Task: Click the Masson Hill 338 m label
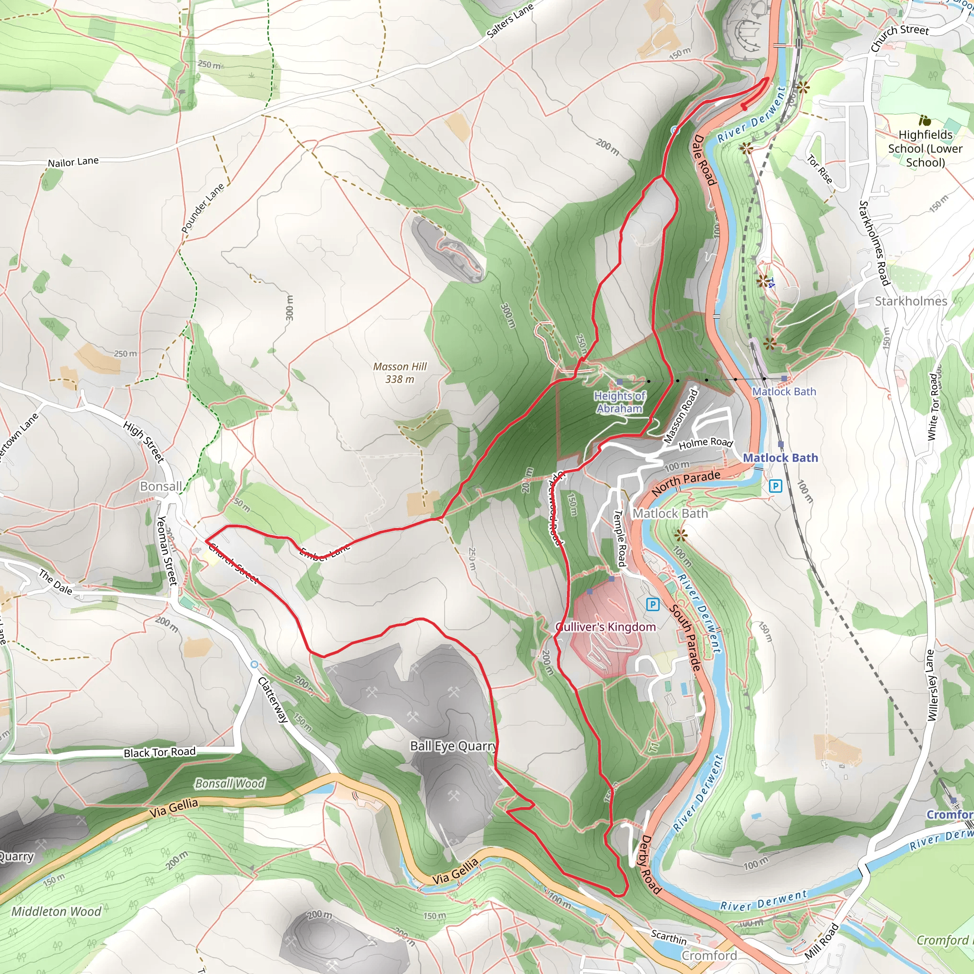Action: [400, 373]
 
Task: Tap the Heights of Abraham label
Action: [620, 402]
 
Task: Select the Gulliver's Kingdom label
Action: [605, 627]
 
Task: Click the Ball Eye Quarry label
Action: [453, 746]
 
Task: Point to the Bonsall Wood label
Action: [230, 783]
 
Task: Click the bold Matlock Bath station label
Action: [780, 458]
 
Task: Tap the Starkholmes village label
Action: [910, 301]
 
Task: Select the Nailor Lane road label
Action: [73, 162]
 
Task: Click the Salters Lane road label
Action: [510, 20]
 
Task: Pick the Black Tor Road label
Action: [159, 752]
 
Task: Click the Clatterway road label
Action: [273, 700]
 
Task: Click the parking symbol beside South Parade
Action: [653, 604]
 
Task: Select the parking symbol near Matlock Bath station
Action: [775, 486]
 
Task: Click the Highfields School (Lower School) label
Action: [925, 148]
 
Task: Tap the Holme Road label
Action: [705, 443]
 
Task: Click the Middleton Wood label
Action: [57, 911]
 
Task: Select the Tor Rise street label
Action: [820, 169]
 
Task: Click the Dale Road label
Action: [704, 160]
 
